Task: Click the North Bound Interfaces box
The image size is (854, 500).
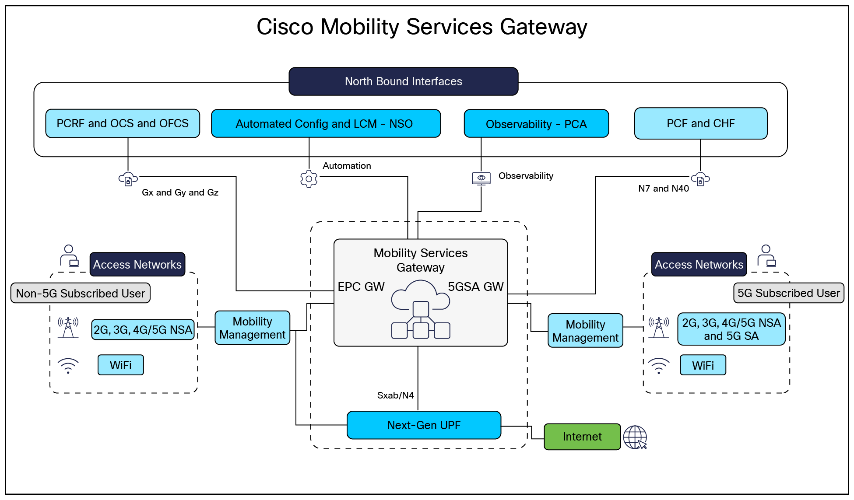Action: click(x=403, y=81)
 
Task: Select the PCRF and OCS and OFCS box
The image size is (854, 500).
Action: click(x=123, y=123)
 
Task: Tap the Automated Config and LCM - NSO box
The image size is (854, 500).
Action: click(x=326, y=124)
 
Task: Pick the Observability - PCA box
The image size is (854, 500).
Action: click(x=536, y=124)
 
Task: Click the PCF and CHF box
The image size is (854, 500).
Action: click(x=700, y=123)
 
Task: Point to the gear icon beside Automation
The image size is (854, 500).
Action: click(x=309, y=179)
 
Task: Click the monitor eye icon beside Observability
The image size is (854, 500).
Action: click(x=481, y=178)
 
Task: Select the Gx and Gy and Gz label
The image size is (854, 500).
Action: click(x=180, y=192)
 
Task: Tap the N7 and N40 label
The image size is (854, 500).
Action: click(x=663, y=189)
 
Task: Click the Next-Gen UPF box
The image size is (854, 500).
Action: click(x=424, y=425)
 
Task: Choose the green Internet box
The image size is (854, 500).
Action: click(x=582, y=437)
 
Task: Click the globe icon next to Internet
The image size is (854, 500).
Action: click(x=635, y=437)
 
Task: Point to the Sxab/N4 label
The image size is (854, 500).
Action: click(x=395, y=395)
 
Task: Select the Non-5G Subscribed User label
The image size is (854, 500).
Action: click(x=80, y=293)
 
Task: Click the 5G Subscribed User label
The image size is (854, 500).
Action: click(x=788, y=293)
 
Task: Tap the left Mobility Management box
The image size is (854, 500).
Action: click(x=252, y=328)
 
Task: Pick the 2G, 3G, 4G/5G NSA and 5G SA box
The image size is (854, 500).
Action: click(x=731, y=329)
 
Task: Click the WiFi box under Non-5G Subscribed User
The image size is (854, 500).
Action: click(x=120, y=365)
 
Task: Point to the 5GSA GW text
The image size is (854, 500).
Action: click(x=475, y=287)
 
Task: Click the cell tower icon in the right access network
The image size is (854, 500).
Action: click(x=659, y=328)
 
